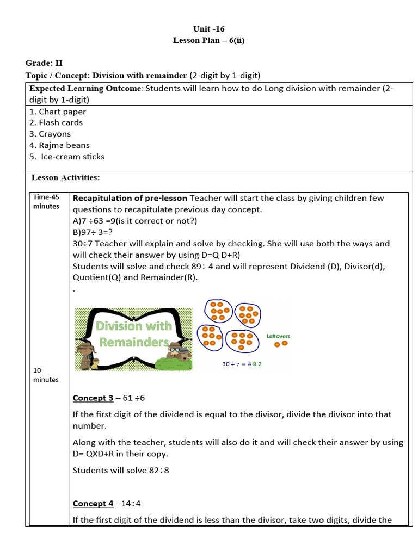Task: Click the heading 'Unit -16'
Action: (x=208, y=28)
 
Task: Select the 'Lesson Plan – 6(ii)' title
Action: (x=208, y=40)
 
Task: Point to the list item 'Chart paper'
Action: (x=62, y=112)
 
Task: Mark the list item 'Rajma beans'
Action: (x=64, y=145)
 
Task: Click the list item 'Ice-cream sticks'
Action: (x=72, y=157)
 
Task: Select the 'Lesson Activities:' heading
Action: (x=65, y=177)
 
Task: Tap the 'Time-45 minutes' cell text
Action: (x=47, y=202)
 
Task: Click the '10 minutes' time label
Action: (x=46, y=375)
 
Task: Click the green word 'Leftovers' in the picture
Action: (x=278, y=336)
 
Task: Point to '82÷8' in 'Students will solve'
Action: (x=159, y=470)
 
